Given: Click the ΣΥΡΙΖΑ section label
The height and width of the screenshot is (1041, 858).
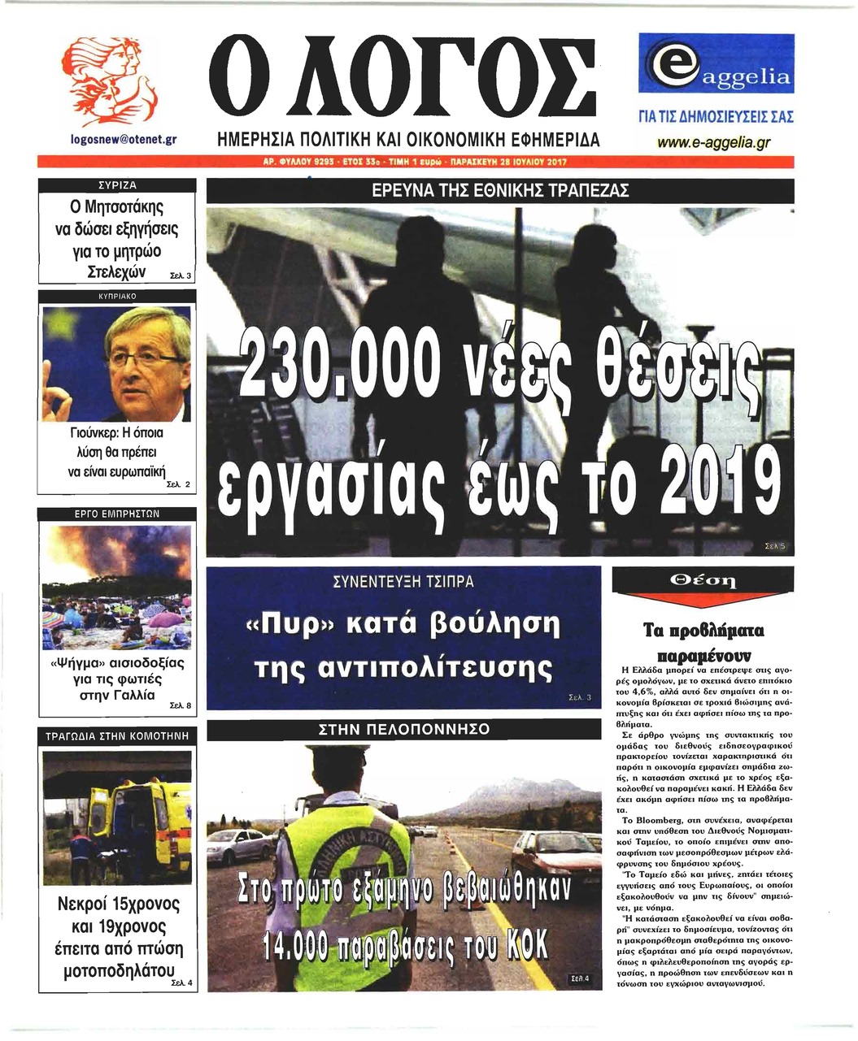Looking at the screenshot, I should [117, 185].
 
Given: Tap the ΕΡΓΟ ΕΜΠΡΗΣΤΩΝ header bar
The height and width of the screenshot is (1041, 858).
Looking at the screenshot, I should [117, 514].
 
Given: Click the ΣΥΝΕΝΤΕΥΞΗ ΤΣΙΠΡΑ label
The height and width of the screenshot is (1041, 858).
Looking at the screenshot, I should [403, 582].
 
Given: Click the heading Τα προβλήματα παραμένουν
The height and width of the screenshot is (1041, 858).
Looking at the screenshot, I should [703, 642].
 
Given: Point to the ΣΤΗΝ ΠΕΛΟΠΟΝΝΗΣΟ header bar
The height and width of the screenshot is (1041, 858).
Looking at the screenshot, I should [403, 729].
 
